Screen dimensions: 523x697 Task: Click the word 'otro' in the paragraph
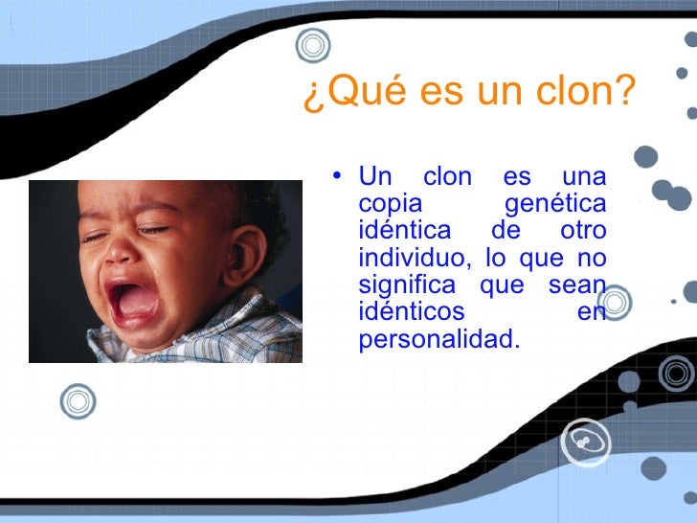coord(582,232)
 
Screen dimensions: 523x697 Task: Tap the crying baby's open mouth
coord(134,302)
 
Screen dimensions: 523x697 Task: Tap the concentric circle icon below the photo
coord(78,402)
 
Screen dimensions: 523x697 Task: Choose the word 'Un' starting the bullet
coord(375,178)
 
